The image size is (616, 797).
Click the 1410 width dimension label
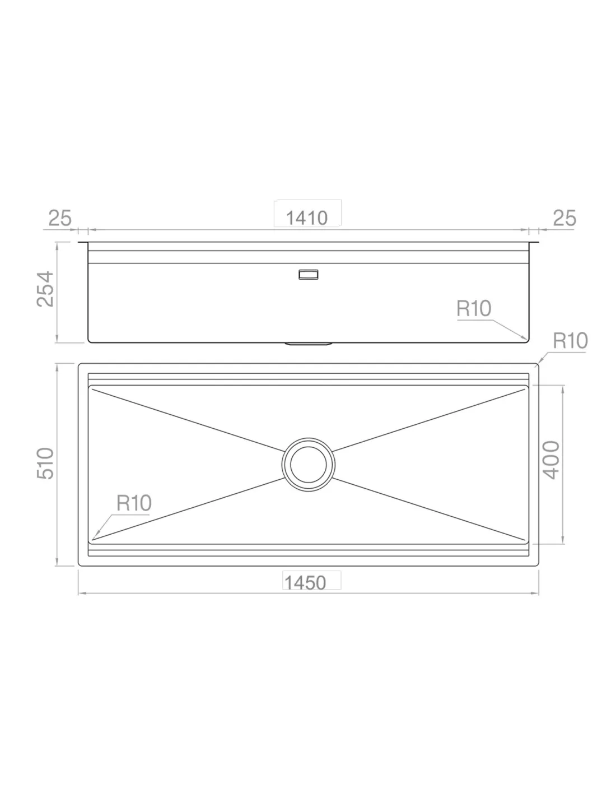[x=306, y=218]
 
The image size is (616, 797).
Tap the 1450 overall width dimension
[x=305, y=583]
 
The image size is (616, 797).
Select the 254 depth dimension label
[x=45, y=289]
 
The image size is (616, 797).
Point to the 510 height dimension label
[x=45, y=464]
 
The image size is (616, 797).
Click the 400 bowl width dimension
[x=551, y=460]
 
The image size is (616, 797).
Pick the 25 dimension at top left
[x=60, y=218]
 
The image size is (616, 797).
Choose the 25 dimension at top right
[x=564, y=218]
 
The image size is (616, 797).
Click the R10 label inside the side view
[x=473, y=308]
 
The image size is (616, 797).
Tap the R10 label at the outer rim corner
[x=570, y=341]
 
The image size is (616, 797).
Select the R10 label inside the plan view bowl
[x=134, y=503]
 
